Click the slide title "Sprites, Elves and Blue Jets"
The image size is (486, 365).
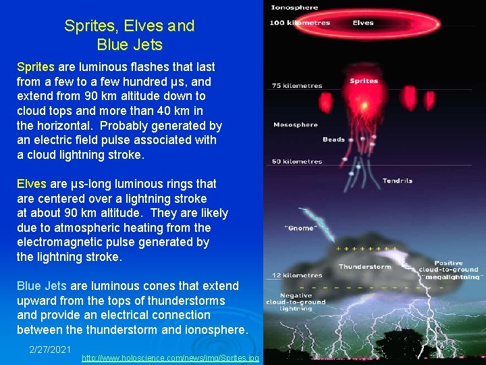[129, 36]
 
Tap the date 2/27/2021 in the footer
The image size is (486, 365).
[50, 349]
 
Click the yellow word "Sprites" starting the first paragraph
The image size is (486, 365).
[36, 67]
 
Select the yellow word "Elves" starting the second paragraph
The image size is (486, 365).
[31, 184]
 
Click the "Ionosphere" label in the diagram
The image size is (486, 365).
[294, 8]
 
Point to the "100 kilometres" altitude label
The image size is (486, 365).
[300, 23]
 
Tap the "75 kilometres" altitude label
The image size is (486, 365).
[297, 86]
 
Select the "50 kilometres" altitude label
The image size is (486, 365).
[297, 162]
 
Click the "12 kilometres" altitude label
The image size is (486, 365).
[297, 276]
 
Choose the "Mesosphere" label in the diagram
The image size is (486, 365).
[296, 125]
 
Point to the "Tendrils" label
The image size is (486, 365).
[398, 180]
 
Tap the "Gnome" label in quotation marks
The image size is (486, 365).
[301, 228]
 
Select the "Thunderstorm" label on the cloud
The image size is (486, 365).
[364, 266]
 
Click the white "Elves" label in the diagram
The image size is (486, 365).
[363, 23]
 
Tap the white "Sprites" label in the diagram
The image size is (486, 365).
[364, 81]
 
